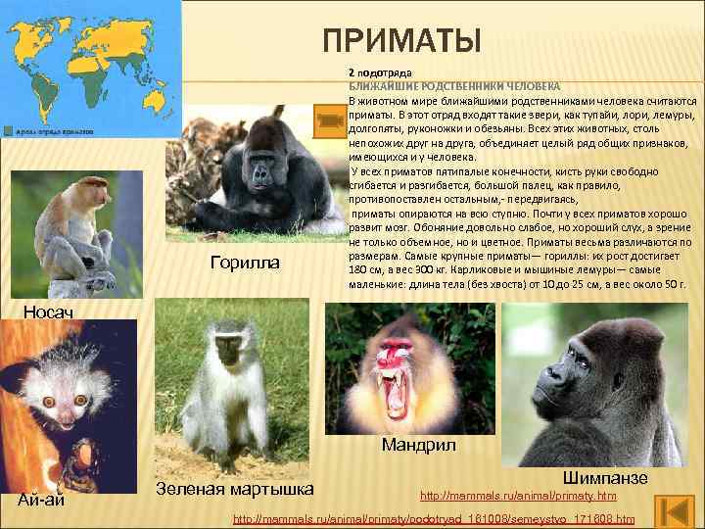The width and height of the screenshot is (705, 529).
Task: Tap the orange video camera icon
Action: tap(329, 120)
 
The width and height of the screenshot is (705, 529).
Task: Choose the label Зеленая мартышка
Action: tap(234, 489)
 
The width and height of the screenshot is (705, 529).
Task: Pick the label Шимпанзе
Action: tap(605, 477)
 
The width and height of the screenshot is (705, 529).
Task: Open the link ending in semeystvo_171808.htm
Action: tap(435, 517)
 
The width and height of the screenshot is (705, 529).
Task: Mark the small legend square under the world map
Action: tap(7, 129)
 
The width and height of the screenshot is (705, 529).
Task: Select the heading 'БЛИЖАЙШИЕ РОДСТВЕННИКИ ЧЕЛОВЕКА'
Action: tap(454, 86)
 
